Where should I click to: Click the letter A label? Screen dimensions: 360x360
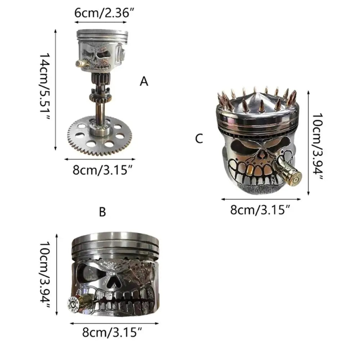point(144,81)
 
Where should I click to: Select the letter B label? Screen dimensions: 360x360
point(102,212)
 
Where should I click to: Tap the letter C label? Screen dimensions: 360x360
point(199,139)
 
